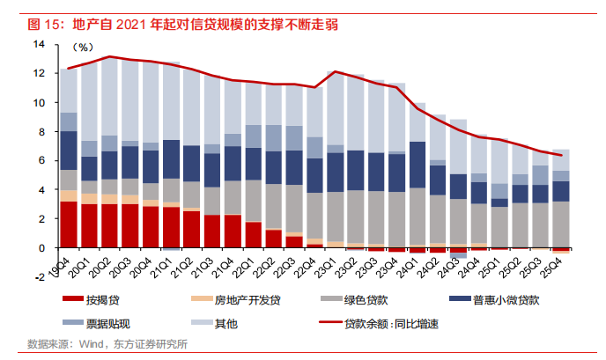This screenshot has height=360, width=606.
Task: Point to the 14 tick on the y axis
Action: pyautogui.click(x=40, y=44)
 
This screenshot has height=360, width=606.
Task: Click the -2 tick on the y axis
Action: pyautogui.click(x=40, y=277)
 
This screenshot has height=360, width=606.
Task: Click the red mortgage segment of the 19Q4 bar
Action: pyautogui.click(x=68, y=224)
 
